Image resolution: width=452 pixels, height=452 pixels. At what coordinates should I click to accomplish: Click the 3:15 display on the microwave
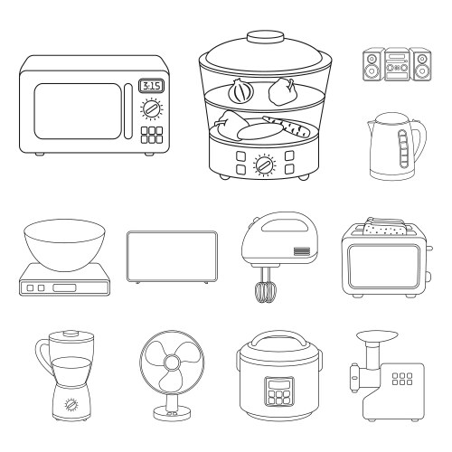click(151, 86)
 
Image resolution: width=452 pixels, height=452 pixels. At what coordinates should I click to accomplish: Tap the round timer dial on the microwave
click(151, 108)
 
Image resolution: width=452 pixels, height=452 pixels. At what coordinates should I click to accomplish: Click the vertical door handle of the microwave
click(128, 111)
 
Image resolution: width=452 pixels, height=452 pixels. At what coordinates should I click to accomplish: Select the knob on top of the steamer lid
click(266, 37)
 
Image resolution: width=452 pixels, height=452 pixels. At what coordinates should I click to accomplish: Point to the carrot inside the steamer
click(287, 126)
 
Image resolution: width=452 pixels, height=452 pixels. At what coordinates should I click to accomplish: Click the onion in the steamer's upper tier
click(240, 91)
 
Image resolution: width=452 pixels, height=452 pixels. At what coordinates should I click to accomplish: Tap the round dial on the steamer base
click(265, 165)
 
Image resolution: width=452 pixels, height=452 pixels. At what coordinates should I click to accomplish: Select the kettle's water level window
click(403, 148)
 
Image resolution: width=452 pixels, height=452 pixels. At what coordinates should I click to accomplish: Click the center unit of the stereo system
click(397, 64)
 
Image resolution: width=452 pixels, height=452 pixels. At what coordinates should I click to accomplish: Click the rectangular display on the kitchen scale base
click(64, 287)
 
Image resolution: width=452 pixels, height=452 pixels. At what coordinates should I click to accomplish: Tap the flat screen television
click(172, 257)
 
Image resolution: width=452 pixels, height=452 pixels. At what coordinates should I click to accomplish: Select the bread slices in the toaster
click(385, 227)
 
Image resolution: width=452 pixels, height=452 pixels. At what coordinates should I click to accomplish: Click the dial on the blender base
click(71, 404)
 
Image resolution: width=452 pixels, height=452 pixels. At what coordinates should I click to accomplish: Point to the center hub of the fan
click(172, 363)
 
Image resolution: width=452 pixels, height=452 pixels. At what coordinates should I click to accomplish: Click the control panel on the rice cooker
click(279, 391)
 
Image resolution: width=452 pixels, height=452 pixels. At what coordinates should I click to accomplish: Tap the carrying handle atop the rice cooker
click(278, 338)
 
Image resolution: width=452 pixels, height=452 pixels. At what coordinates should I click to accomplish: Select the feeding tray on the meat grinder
click(377, 335)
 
